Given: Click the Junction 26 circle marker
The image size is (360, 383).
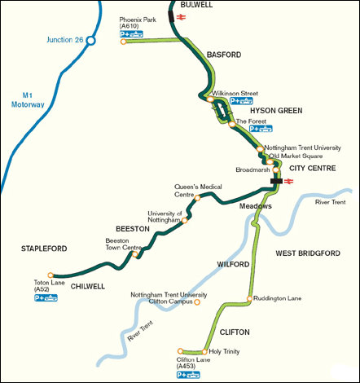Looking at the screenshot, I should (x=92, y=38).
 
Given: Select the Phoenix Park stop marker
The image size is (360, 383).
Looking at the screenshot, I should (x=123, y=42).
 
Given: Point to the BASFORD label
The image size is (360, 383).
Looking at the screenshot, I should (x=224, y=55).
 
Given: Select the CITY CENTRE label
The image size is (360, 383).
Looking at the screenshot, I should (x=313, y=168).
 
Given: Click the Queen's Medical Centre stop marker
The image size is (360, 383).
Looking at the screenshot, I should (x=198, y=196).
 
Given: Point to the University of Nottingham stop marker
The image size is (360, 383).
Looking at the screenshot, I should (x=185, y=219).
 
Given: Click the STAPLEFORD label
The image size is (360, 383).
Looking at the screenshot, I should (x=43, y=248).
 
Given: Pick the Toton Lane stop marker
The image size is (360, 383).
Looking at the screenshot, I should (x=50, y=275).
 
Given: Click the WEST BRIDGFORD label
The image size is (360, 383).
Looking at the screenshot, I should (x=307, y=253).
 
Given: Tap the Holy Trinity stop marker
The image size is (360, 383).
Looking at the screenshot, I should (x=204, y=352).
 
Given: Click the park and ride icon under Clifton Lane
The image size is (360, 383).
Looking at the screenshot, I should (x=189, y=375).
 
